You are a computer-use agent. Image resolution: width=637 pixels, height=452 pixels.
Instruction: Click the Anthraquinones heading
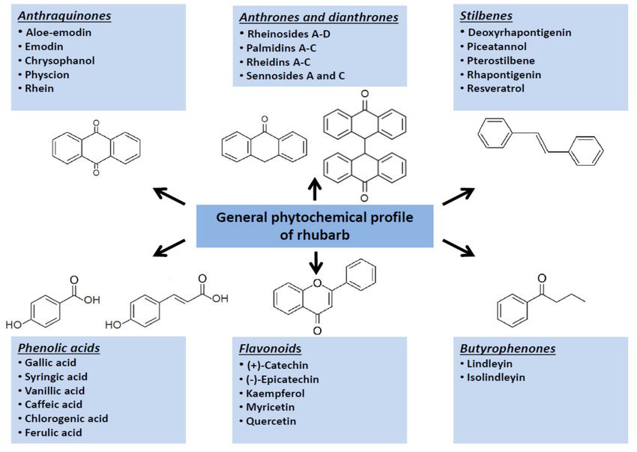tap(64, 16)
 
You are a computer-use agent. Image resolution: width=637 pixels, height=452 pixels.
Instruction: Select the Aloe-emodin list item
tap(58, 32)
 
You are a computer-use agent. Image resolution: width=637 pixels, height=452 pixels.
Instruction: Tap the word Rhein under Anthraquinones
tap(39, 88)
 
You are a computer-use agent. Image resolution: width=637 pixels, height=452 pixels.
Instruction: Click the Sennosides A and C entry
tap(295, 76)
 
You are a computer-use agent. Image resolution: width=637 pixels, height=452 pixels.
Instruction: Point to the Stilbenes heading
tap(486, 16)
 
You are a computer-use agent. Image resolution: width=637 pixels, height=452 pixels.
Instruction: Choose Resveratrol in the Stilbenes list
tap(495, 88)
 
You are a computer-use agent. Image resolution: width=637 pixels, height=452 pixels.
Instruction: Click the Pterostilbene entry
tap(501, 61)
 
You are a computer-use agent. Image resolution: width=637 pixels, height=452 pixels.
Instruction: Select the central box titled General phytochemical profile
tap(315, 226)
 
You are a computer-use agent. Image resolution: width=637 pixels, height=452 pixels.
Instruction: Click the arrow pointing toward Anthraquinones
tap(169, 196)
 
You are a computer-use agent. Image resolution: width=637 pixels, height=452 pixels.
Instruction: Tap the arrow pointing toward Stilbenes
tap(458, 196)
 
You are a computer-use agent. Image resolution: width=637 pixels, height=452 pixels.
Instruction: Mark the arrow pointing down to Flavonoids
tap(316, 262)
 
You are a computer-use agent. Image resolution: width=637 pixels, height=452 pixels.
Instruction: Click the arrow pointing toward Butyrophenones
tap(459, 248)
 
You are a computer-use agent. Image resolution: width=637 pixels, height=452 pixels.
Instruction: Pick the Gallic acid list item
tap(50, 363)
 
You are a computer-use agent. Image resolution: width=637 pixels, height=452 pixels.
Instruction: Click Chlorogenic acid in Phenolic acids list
tap(66, 419)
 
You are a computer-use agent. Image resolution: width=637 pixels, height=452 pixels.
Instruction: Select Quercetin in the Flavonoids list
tap(271, 421)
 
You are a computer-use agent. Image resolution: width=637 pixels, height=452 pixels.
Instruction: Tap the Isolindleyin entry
tap(495, 377)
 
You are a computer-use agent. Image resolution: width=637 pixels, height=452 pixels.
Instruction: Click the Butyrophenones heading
tap(507, 349)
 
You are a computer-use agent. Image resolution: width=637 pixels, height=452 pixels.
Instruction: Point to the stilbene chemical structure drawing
tap(540, 142)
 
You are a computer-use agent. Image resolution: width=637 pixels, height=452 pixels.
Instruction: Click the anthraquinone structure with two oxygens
tap(96, 148)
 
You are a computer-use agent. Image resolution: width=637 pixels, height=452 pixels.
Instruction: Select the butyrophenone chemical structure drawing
tap(541, 301)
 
